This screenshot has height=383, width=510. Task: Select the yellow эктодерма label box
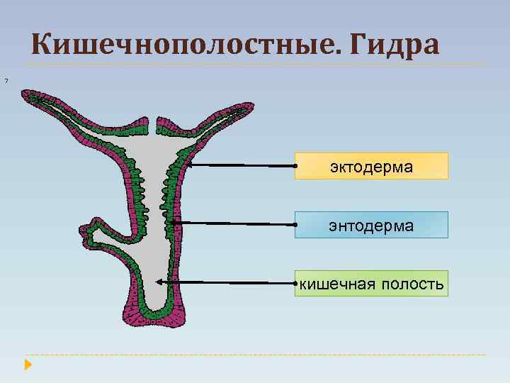point(371,166)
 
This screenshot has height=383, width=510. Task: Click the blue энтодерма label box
point(371,225)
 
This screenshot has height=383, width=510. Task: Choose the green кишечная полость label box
point(371,284)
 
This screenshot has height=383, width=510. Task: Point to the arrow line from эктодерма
point(241,165)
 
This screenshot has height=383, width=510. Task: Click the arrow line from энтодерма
point(234,223)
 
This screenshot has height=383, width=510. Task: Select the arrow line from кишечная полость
point(227,282)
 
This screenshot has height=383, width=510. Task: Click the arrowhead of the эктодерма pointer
point(189,163)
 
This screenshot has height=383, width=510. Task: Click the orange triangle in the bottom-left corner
point(28,365)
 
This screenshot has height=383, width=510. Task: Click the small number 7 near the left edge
point(5,79)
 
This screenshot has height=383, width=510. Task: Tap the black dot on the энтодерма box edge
point(295,225)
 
